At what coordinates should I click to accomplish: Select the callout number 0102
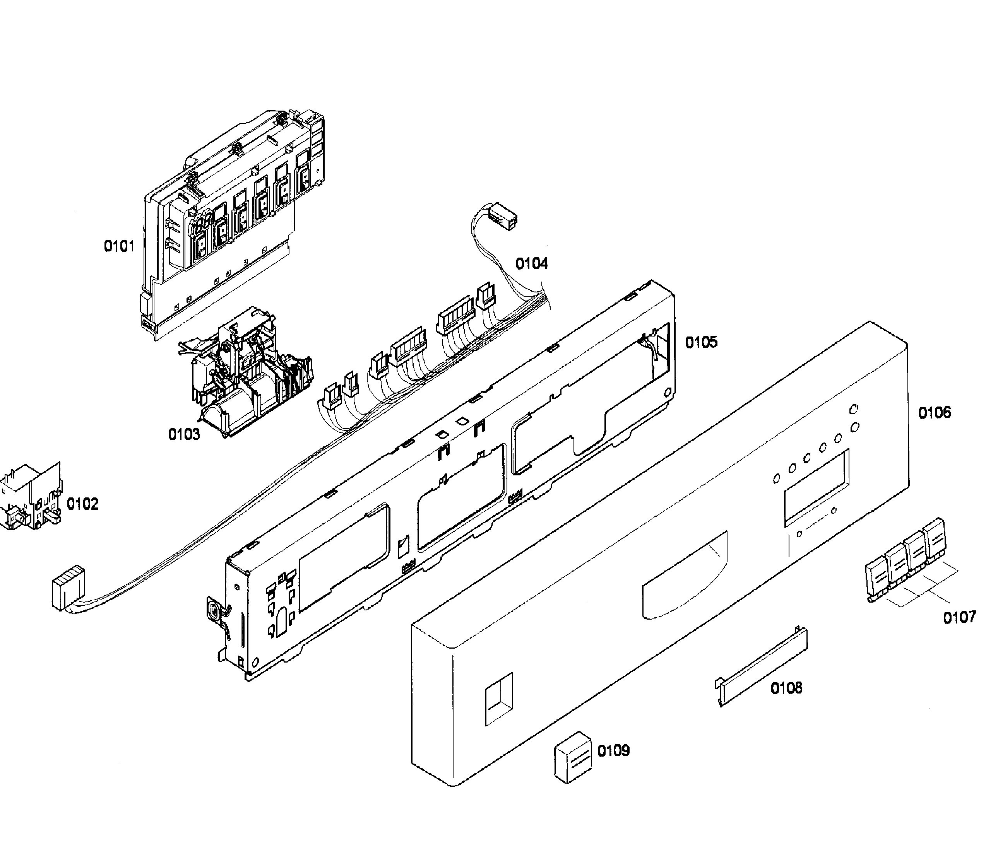(x=82, y=504)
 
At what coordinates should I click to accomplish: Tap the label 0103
(x=184, y=434)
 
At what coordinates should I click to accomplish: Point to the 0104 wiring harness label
(x=532, y=263)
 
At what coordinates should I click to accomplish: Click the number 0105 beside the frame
(x=701, y=342)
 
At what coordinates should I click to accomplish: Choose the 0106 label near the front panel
(x=934, y=412)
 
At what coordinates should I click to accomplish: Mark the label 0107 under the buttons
(x=959, y=618)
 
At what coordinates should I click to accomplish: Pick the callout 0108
(x=786, y=688)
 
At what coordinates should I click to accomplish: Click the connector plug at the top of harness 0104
(x=503, y=217)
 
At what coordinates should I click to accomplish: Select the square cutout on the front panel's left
(x=499, y=699)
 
